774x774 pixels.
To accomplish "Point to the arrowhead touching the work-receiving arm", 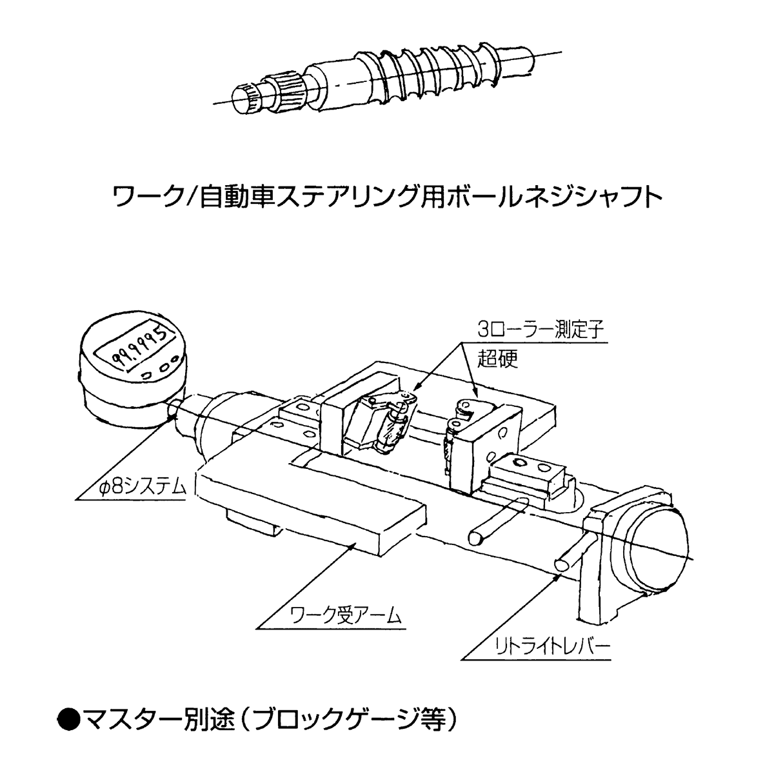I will click(x=352, y=546).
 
